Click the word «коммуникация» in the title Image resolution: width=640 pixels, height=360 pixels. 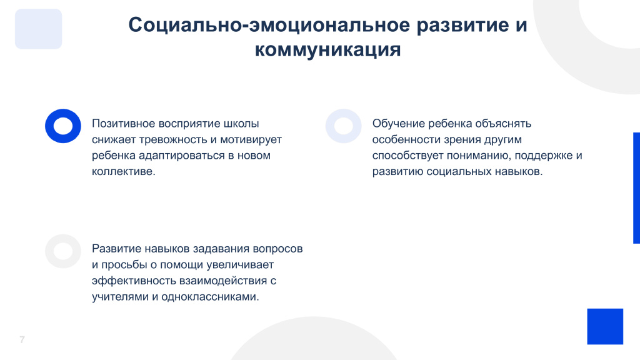[327, 50]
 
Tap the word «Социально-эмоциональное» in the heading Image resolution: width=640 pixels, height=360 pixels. [269, 25]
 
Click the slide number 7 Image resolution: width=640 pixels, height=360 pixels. [22, 339]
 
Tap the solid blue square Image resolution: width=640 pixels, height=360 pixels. [605, 326]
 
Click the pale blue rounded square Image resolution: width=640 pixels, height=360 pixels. [38, 29]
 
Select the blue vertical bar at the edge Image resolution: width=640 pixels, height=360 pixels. [636, 187]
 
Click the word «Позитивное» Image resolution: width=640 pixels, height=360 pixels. [123, 123]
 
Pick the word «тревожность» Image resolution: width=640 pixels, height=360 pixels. [173, 139]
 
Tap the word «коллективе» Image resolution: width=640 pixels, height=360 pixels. [123, 171]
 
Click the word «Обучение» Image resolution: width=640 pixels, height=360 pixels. [398, 123]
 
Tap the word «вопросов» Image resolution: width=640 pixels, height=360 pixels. [277, 249]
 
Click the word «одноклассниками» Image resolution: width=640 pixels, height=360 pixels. [210, 297]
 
